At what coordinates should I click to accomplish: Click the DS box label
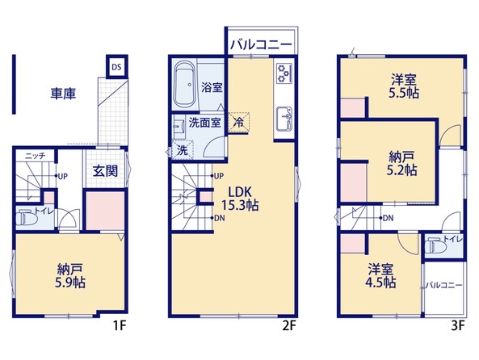116,67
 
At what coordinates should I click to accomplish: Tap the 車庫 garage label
63,94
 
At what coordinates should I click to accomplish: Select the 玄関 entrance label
105,171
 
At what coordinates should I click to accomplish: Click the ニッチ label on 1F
35,156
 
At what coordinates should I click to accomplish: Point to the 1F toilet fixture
27,218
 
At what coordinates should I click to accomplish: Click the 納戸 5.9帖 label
70,276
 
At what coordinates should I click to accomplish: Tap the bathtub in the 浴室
184,85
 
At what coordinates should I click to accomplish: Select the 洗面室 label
204,123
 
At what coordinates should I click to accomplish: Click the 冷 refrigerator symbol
238,123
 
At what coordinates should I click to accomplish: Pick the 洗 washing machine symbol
183,150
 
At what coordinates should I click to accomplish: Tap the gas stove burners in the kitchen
284,73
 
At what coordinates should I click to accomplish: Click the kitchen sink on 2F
284,119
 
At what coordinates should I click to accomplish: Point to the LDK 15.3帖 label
240,199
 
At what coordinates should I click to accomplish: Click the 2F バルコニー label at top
261,45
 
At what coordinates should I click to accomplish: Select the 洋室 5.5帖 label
404,86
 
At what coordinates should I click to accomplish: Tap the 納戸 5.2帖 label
401,164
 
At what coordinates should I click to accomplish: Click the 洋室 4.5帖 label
380,276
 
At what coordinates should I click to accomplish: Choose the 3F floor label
458,326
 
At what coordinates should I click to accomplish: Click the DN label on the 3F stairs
388,218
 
